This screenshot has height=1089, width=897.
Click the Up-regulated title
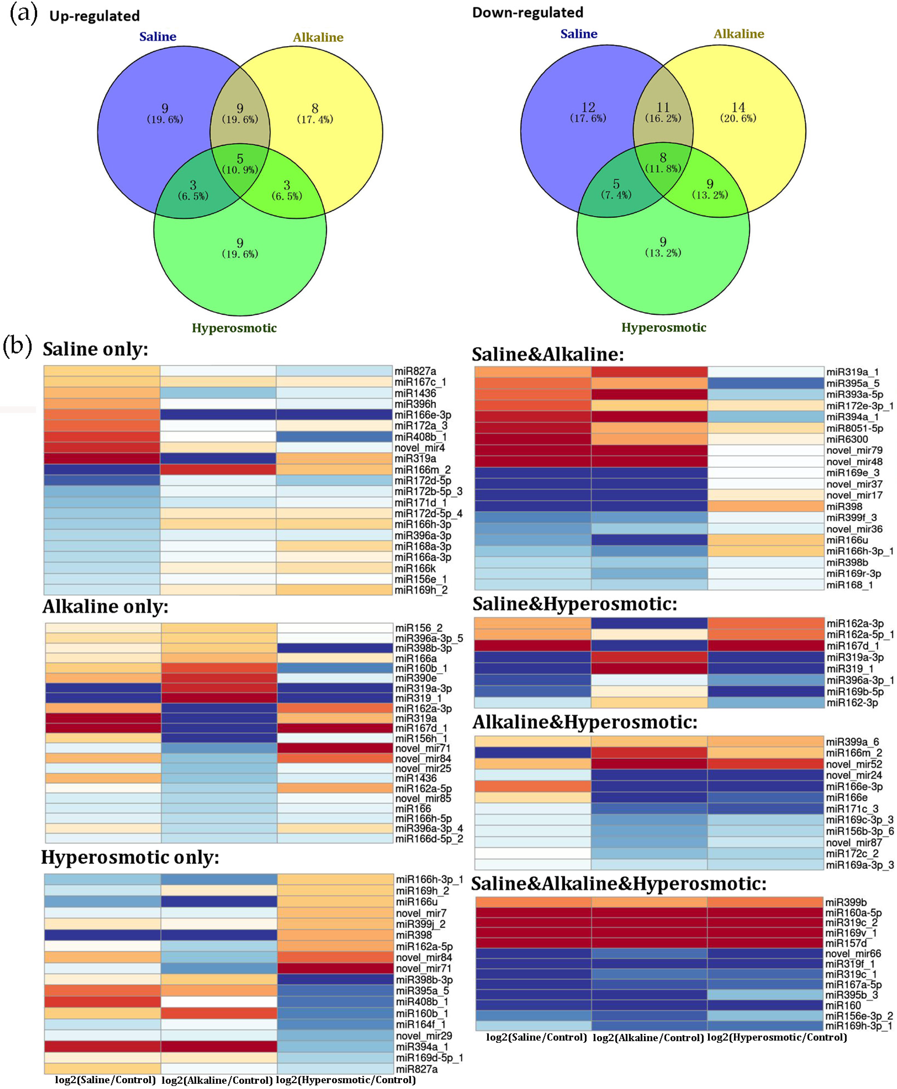tap(94, 16)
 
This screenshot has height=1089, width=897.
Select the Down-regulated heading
tap(528, 12)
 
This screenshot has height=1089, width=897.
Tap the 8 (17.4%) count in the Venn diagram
tap(315, 113)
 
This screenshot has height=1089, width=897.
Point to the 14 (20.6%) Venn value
tap(738, 111)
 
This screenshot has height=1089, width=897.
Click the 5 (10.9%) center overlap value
tap(240, 163)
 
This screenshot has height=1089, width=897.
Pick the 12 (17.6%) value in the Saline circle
tap(588, 111)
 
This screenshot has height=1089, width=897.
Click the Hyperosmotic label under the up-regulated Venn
tap(234, 328)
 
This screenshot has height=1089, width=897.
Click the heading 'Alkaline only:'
tap(105, 606)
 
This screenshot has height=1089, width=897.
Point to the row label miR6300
tap(847, 439)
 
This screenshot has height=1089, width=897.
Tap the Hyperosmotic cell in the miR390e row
tap(335, 678)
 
